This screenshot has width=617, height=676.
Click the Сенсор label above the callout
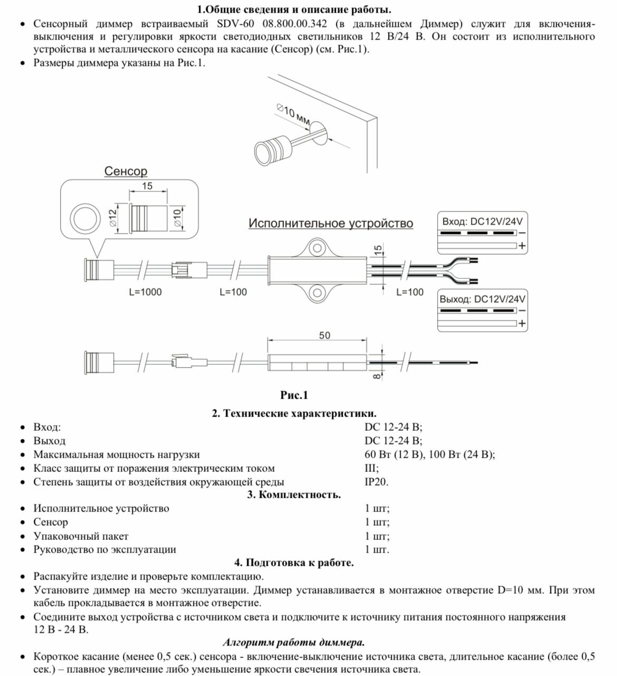point(126,171)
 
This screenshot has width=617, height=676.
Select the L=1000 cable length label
point(145,292)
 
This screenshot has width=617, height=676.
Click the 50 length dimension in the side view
point(324,335)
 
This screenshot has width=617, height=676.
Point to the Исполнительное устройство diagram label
point(331,224)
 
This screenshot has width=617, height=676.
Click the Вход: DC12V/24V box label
point(481,221)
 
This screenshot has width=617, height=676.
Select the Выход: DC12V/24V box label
point(482,299)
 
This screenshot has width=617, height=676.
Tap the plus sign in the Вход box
point(522,246)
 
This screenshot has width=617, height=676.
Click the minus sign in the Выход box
point(522,311)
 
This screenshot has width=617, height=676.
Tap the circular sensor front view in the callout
point(85,218)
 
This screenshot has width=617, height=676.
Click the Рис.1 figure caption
point(294,395)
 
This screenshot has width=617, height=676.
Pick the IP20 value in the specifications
point(376,481)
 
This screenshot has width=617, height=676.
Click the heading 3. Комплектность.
point(294,495)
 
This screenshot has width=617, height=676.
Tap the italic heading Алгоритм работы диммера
point(294,642)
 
